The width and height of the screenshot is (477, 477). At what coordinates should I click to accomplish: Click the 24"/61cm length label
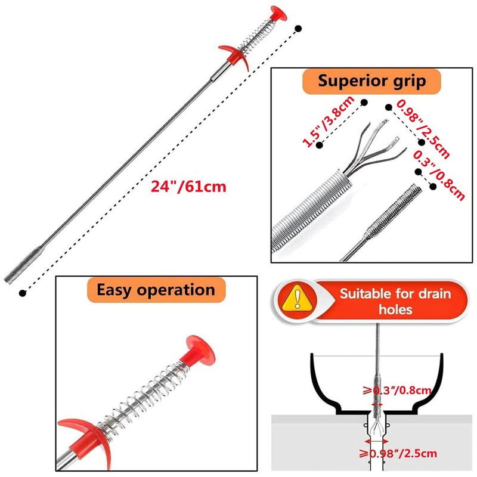[x=188, y=186]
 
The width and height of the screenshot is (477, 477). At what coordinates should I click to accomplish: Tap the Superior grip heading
[x=371, y=81]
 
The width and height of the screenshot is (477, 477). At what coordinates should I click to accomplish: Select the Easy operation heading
[x=156, y=290]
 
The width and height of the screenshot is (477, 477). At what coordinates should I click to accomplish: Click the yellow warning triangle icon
[x=297, y=300]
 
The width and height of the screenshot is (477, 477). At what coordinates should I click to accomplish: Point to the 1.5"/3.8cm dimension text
[x=329, y=121]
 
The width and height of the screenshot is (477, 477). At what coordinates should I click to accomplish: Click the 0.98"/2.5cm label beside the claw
[x=423, y=129]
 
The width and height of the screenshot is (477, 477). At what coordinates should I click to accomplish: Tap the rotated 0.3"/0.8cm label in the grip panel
[x=439, y=175]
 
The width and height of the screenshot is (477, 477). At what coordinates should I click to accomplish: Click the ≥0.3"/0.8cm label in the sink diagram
[x=397, y=391]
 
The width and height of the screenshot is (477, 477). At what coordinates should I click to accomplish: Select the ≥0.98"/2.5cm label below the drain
[x=398, y=454]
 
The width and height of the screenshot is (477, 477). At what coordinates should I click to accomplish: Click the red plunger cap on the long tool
[x=278, y=14]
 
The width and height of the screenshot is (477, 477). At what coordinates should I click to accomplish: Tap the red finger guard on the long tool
[x=235, y=57]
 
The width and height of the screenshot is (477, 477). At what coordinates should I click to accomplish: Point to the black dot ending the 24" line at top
[x=299, y=29]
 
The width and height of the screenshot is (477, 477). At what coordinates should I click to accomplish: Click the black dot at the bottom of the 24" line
[x=23, y=293]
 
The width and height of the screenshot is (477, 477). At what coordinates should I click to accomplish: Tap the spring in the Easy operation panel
[x=142, y=395]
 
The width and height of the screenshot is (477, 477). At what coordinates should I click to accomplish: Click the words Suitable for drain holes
[x=395, y=302]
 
